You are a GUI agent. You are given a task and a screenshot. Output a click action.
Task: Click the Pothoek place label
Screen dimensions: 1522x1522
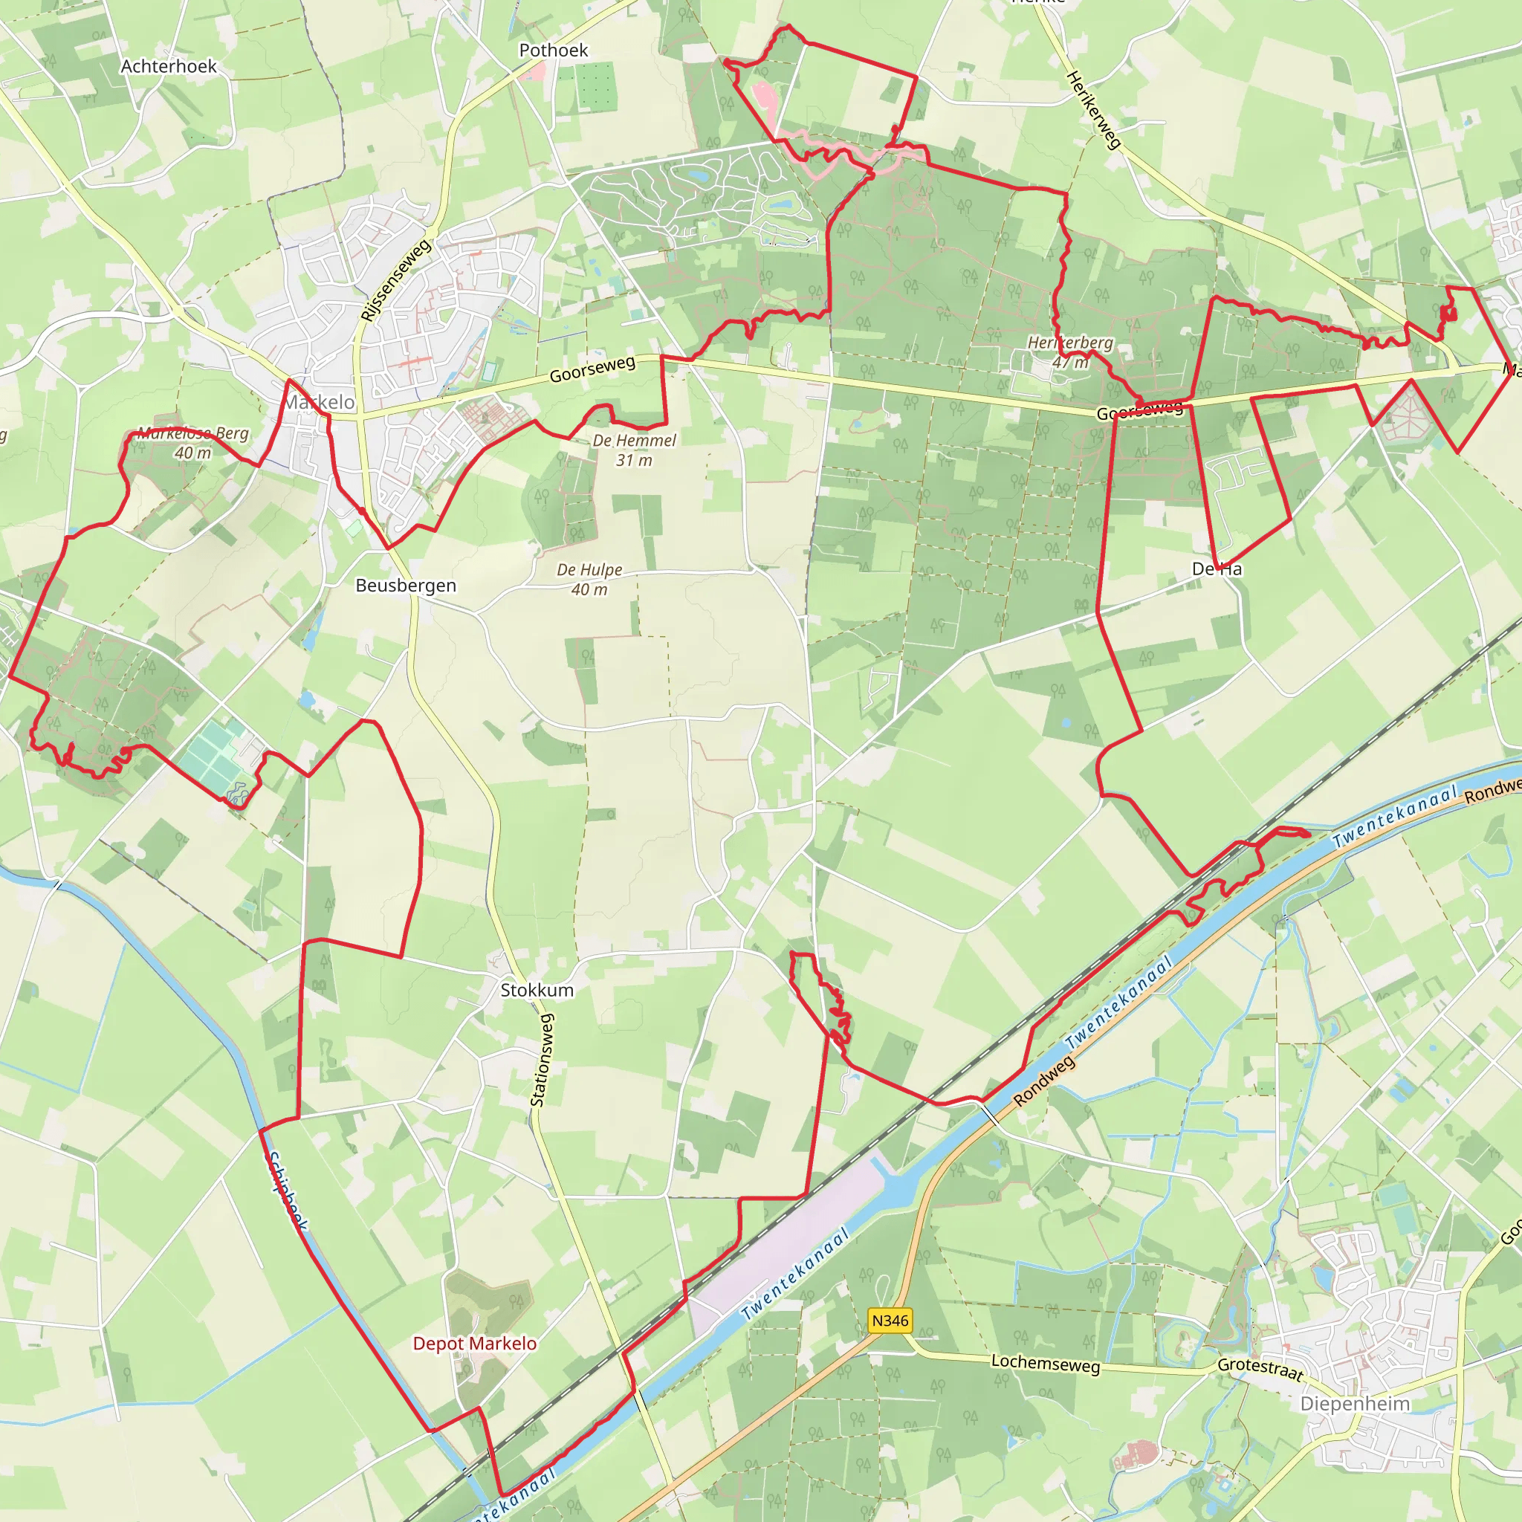[553, 51]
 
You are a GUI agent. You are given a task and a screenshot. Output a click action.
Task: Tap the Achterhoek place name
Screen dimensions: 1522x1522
[169, 66]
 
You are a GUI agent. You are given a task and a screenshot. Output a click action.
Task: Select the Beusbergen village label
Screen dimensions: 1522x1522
[406, 586]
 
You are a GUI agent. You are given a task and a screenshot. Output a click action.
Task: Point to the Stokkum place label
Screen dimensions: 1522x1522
[537, 990]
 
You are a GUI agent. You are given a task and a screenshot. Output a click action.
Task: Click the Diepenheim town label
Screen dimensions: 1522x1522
[1355, 1404]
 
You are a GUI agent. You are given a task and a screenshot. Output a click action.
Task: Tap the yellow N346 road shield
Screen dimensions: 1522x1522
[890, 1321]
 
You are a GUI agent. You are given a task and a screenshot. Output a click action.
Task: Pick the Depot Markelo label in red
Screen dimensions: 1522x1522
[475, 1344]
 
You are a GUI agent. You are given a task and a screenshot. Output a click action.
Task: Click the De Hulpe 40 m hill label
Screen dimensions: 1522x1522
[589, 579]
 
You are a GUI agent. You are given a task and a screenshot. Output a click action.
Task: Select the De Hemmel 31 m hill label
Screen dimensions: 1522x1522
[634, 450]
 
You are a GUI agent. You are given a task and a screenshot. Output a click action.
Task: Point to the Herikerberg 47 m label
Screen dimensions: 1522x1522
[1070, 352]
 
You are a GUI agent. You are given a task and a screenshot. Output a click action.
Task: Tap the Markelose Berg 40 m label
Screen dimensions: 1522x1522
[193, 443]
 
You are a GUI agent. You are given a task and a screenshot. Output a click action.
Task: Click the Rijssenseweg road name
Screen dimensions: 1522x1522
[395, 280]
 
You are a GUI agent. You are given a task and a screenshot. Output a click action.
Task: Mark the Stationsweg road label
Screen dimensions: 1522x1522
[542, 1060]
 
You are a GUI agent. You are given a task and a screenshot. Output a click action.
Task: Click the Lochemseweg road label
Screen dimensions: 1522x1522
[1045, 1363]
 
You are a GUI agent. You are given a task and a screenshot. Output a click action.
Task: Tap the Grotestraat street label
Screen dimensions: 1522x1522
[1260, 1369]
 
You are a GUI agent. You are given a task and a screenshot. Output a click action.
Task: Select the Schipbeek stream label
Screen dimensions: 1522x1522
[287, 1191]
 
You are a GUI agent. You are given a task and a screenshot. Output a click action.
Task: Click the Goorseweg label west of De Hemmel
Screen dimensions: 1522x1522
[592, 369]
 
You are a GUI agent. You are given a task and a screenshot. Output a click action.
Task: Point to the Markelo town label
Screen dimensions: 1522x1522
[319, 403]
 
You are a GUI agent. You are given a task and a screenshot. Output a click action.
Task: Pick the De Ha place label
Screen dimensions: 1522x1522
[1217, 569]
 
